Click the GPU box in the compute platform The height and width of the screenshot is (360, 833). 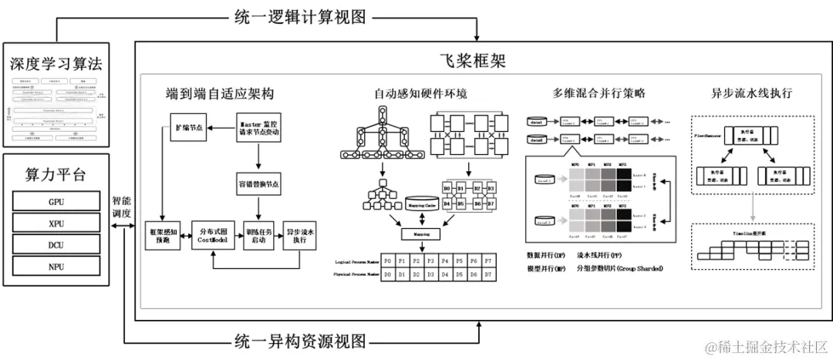pyautogui.click(x=56, y=200)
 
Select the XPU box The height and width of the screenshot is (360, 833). pyautogui.click(x=56, y=224)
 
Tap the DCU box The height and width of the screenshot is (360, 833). pyautogui.click(x=56, y=246)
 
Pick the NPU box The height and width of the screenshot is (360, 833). pyautogui.click(x=56, y=268)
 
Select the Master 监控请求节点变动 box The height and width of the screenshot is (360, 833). pyautogui.click(x=259, y=126)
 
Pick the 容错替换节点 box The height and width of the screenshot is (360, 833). pyautogui.click(x=259, y=185)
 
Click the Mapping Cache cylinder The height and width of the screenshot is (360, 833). pyautogui.click(x=421, y=205)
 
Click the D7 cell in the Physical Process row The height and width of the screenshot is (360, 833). pyautogui.click(x=487, y=274)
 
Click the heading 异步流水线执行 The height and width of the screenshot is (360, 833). pyautogui.click(x=751, y=93)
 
